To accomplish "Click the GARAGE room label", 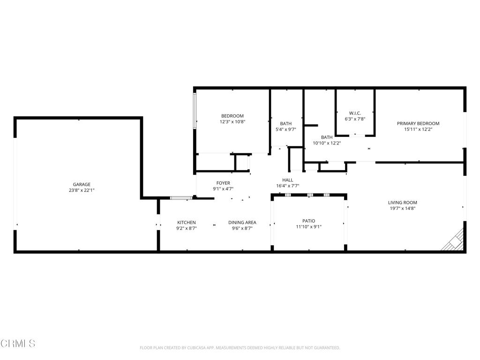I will tap(82, 184).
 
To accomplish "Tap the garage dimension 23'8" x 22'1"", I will tap(82, 190).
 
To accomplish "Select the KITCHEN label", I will tap(186, 222).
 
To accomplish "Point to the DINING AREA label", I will tap(242, 222).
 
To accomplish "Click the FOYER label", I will tap(223, 183).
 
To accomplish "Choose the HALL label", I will tap(287, 180).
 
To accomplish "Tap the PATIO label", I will tap(308, 221).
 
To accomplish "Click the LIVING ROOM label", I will tap(402, 202).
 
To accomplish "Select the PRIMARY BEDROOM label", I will tap(418, 123).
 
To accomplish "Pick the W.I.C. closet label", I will tap(355, 113).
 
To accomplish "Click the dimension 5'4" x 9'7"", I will tap(286, 129).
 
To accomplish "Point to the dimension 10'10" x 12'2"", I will tap(327, 143).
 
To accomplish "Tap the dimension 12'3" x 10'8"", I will tap(232, 121).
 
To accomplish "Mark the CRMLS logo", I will tap(18, 344).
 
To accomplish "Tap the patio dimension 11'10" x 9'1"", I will tap(308, 226).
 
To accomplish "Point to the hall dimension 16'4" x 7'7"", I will tap(287, 186).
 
